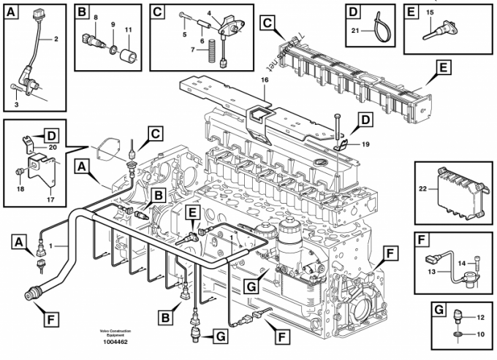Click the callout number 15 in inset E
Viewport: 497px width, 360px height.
[x=429, y=13]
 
